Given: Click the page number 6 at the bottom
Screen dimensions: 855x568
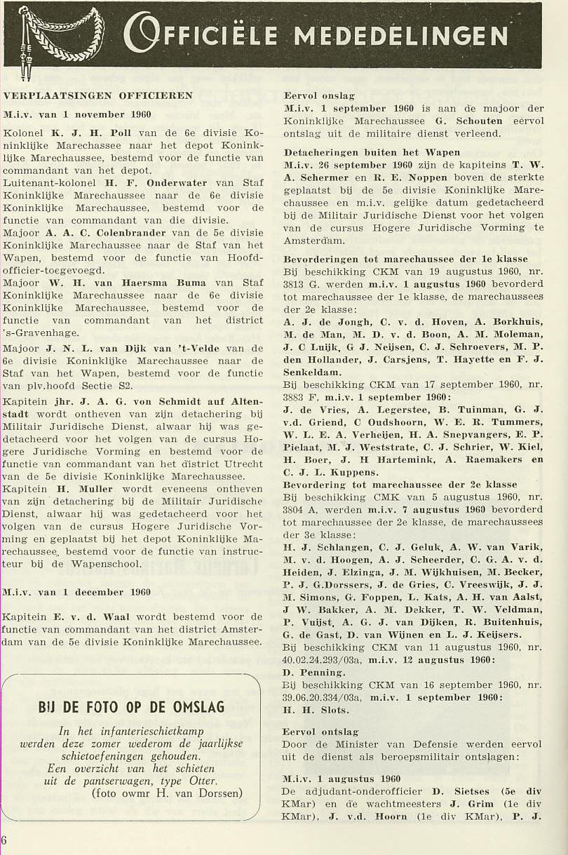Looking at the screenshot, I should [4, 840].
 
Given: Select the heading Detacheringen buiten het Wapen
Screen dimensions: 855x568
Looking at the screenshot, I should [372, 152].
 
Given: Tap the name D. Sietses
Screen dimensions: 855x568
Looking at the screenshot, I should [457, 792].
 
